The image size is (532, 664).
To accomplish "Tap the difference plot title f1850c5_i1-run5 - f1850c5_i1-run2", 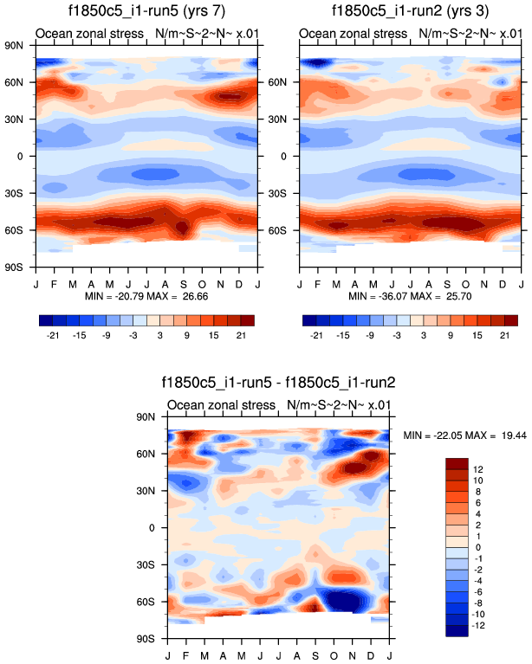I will coord(278,382).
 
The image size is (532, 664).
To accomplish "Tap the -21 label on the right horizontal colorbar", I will coord(316,334).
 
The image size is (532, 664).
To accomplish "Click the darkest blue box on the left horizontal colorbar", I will coord(48,320).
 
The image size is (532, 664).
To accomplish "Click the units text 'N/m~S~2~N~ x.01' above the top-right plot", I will coord(470,34).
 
